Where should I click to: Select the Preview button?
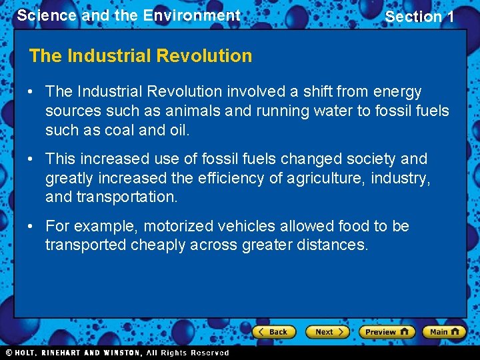[386, 331]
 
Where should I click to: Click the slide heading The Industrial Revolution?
[141, 56]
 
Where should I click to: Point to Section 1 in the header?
[419, 17]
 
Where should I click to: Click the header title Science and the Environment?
[129, 15]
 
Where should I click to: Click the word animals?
[187, 111]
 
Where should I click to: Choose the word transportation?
[127, 197]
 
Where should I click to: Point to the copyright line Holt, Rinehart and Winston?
[116, 353]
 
